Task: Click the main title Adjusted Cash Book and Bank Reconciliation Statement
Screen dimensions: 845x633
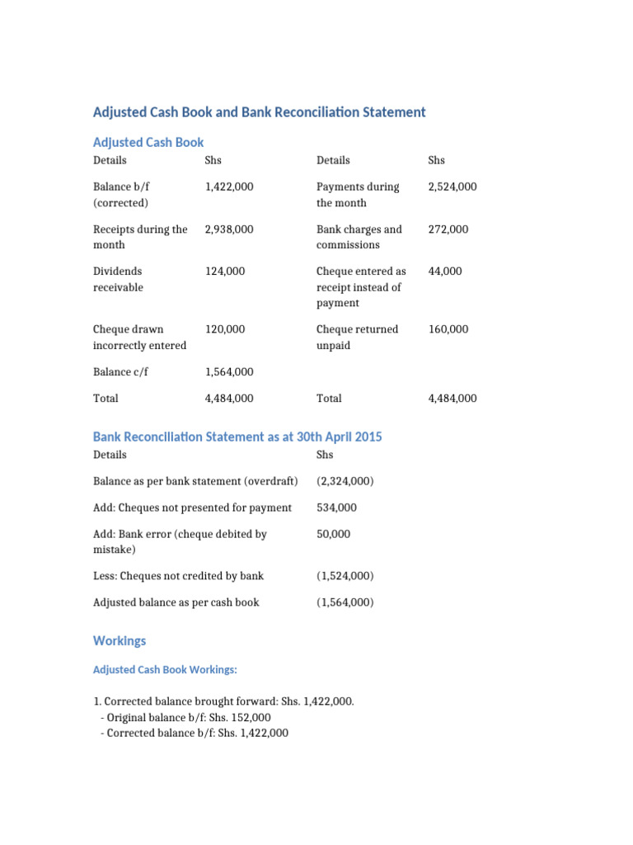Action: pos(260,112)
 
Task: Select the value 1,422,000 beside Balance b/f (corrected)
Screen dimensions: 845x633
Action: pos(229,187)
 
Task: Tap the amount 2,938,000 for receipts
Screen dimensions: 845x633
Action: pos(229,229)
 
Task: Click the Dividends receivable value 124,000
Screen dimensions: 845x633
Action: pos(225,271)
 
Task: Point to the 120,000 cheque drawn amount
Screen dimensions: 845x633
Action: pos(225,329)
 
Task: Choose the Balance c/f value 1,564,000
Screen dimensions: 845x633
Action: pos(229,372)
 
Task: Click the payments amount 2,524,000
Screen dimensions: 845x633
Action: pos(452,187)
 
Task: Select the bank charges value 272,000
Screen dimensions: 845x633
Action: pos(448,229)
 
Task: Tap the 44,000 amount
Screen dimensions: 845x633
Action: pos(446,271)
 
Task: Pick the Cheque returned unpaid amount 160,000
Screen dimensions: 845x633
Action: pos(448,329)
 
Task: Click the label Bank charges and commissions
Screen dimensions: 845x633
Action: pos(359,237)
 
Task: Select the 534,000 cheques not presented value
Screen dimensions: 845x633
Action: pos(333,507)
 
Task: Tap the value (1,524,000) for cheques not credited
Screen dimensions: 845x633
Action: pos(345,576)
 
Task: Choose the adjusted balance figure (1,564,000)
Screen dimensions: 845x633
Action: pos(345,602)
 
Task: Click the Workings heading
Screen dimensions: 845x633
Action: pos(120,641)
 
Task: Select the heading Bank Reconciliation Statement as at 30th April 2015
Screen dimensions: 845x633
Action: pos(237,437)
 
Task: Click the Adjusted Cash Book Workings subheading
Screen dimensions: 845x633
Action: pos(165,670)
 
